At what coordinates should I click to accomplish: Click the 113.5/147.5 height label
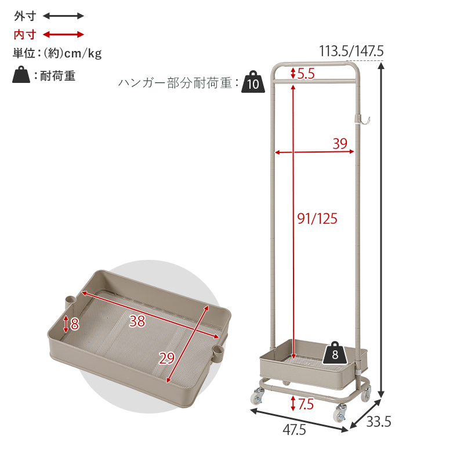coord(351,51)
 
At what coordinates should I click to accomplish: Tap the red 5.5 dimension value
coord(306,74)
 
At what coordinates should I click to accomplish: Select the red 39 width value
coord(340,143)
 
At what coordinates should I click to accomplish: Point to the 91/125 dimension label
coord(317,219)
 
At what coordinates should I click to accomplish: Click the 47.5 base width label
coord(294,430)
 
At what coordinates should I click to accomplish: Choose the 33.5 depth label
coord(379,422)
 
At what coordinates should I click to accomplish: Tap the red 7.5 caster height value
coord(306,404)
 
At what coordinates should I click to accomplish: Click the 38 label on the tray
coord(137,321)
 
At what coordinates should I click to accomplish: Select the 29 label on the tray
coord(167,358)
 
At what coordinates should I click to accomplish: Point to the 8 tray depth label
coord(75,324)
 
